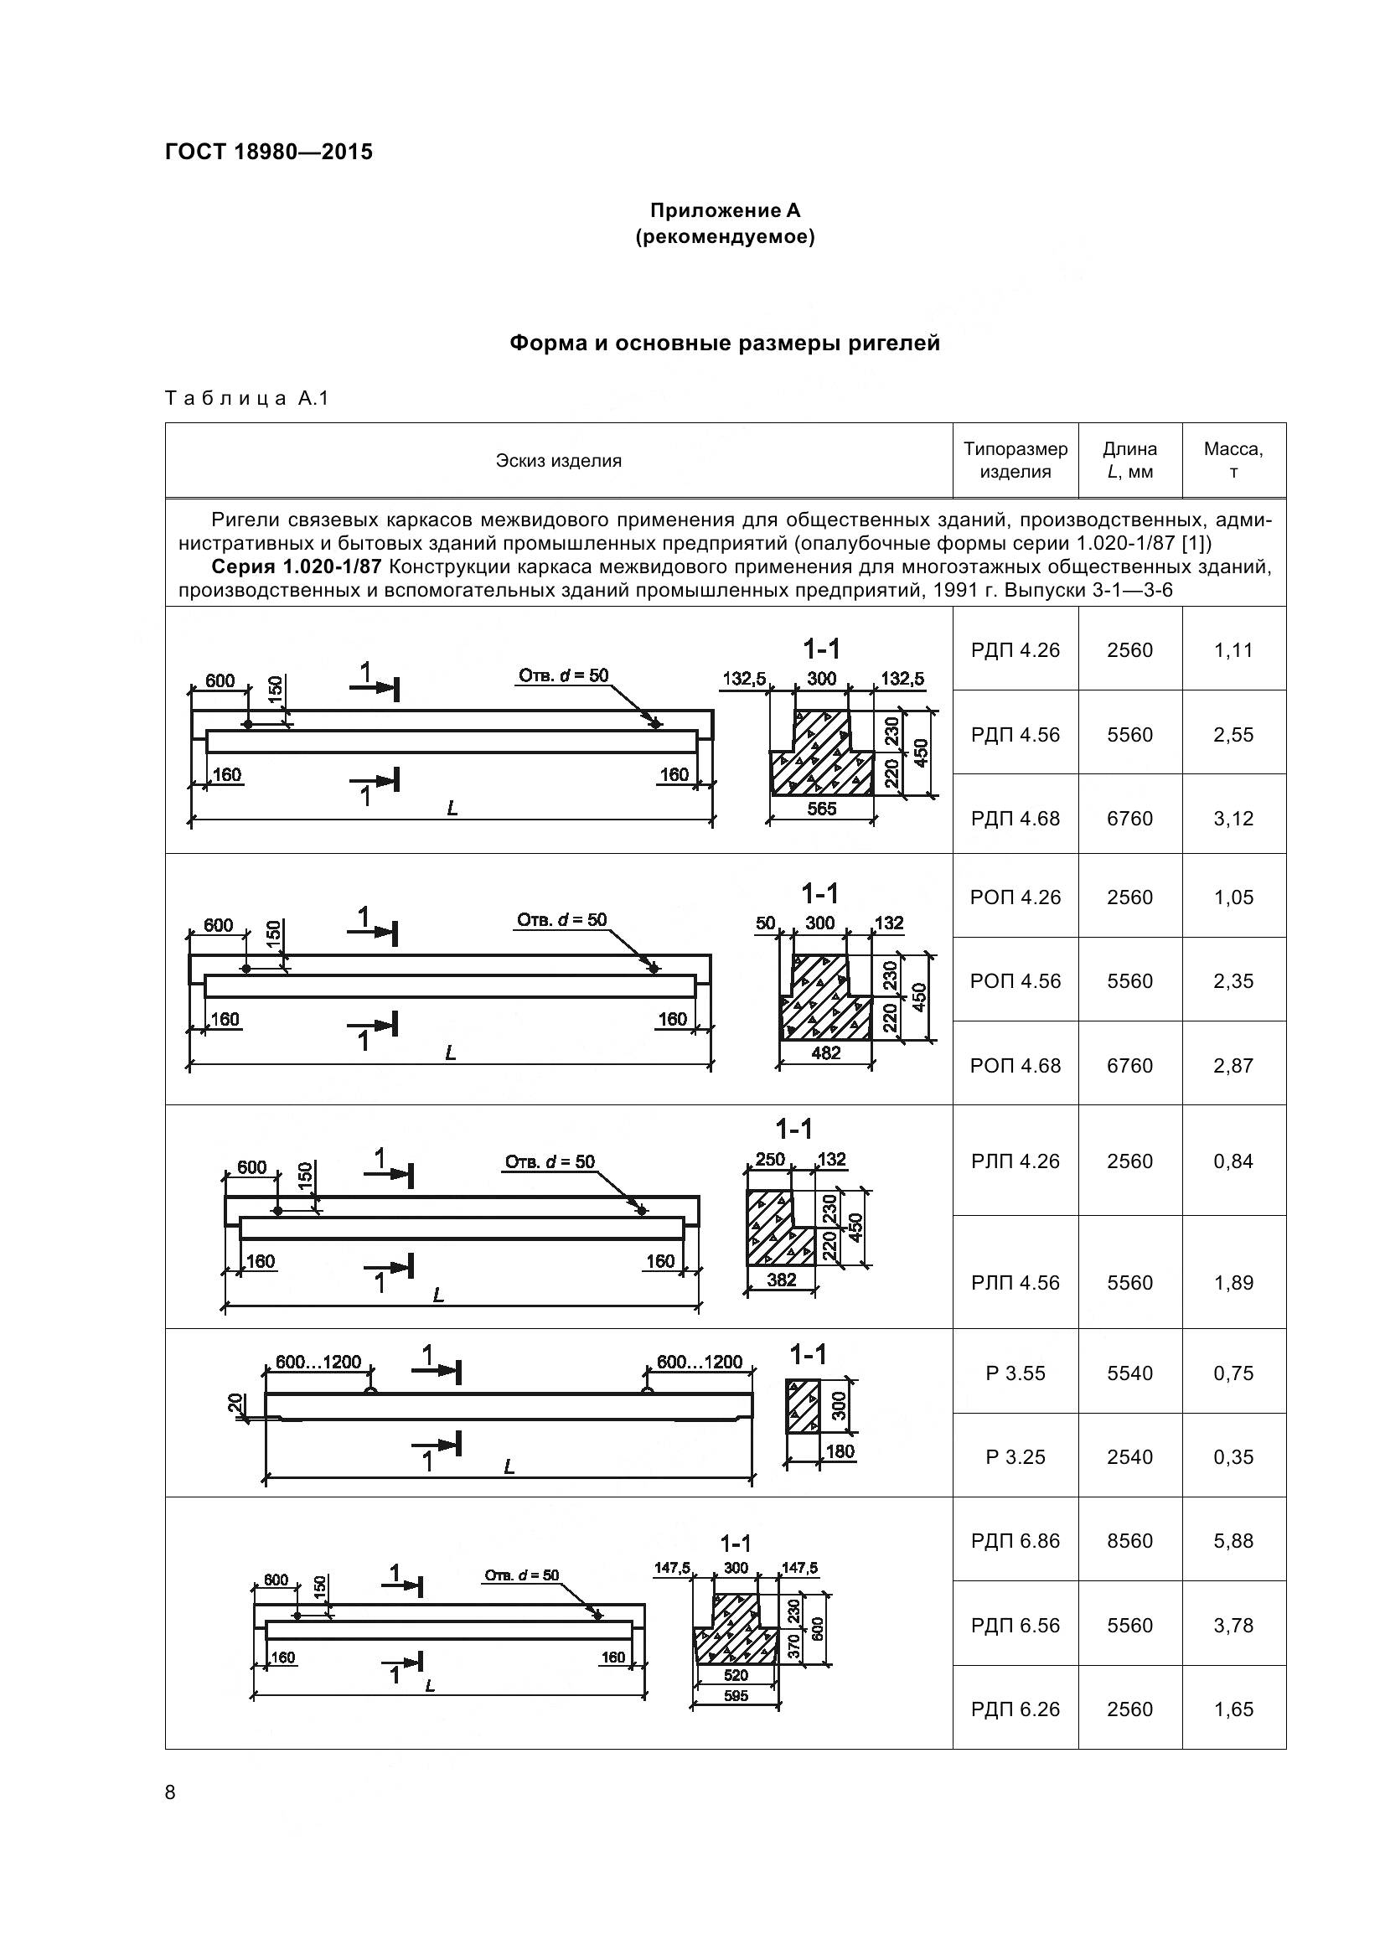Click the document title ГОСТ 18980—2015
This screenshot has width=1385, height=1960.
coord(269,152)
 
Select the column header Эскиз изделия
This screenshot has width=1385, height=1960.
coord(558,461)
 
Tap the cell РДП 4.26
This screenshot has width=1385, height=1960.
coord(1015,650)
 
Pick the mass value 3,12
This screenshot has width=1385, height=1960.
coord(1233,819)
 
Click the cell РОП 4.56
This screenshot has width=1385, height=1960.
coord(1015,981)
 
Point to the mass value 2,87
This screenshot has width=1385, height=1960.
coord(1233,1065)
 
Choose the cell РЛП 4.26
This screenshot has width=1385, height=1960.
coord(1015,1161)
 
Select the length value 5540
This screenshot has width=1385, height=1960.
coord(1129,1373)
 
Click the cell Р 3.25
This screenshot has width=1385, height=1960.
coord(1015,1457)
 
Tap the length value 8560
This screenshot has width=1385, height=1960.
coord(1129,1541)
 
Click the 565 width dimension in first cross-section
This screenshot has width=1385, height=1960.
coord(822,809)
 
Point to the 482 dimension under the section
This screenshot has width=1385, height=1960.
coord(825,1053)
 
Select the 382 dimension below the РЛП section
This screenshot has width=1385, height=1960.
coord(781,1280)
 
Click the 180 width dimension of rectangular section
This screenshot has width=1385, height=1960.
coord(840,1451)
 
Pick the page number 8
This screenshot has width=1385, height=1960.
coord(170,1792)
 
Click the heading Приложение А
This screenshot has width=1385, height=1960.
coord(725,210)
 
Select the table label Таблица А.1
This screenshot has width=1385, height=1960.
coord(246,398)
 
